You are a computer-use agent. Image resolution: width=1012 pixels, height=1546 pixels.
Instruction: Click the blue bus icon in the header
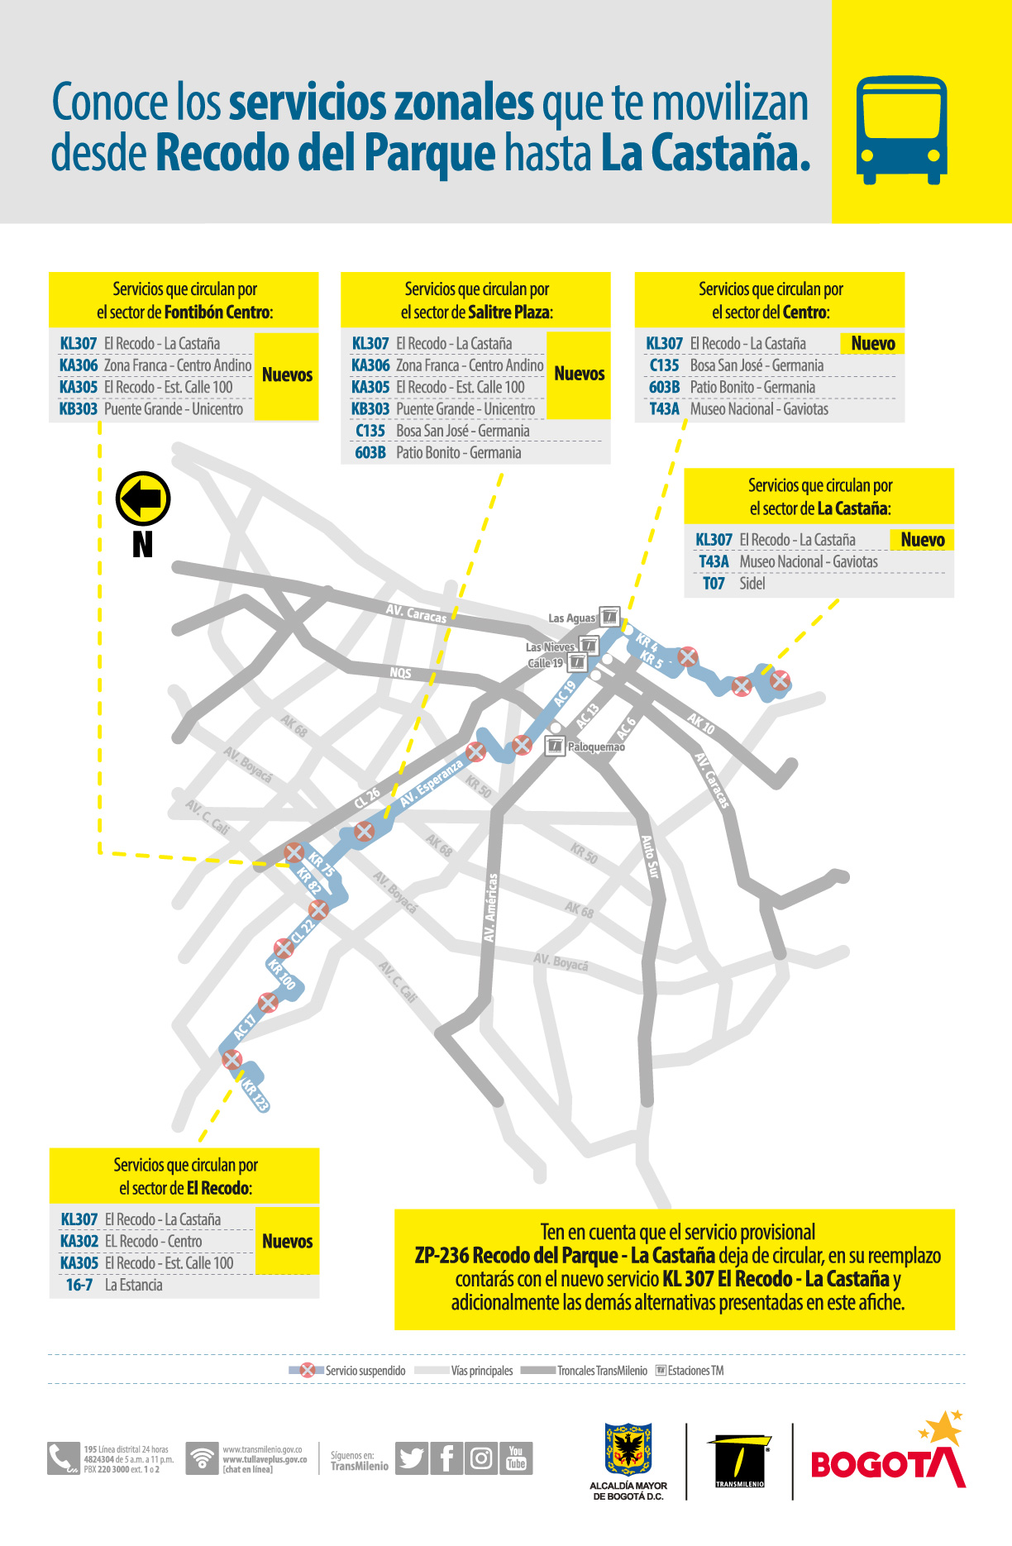coord(900,130)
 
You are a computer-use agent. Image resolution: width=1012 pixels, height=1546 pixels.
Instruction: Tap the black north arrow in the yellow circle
coord(143,499)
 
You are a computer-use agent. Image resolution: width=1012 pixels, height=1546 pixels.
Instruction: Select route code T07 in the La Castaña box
coord(714,584)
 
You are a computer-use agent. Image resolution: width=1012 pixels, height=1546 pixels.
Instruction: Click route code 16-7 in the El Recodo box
coord(79,1285)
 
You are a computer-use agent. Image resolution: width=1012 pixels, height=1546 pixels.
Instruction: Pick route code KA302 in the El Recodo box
coord(79,1241)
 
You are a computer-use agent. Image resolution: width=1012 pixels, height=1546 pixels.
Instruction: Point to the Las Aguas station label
coord(571,618)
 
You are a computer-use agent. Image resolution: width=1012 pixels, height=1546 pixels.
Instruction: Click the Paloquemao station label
coord(595,747)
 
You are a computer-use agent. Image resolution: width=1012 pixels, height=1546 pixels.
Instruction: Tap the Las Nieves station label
coord(551,647)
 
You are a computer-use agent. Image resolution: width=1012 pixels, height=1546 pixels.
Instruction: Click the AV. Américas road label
coord(491,908)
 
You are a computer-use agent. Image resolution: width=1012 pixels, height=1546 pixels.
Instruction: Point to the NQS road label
coord(401,673)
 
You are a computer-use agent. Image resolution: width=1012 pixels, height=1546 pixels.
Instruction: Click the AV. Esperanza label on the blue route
coord(431,784)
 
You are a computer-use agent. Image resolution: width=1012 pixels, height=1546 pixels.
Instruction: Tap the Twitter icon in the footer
coord(411,1458)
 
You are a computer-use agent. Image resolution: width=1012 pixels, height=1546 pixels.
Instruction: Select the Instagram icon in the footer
coord(480,1458)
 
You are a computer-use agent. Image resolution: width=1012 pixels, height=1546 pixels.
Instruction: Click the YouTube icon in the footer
coord(516,1458)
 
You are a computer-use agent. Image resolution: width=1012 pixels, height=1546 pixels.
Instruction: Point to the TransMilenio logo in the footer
coord(739,1462)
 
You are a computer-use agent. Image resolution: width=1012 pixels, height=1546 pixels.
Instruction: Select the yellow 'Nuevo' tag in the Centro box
coord(872,344)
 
